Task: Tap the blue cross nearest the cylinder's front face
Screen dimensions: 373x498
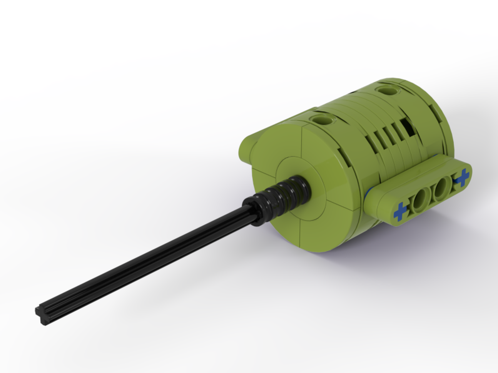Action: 400,213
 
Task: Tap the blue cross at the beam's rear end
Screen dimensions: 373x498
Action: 462,177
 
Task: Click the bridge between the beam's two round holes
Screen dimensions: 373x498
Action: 431,196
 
